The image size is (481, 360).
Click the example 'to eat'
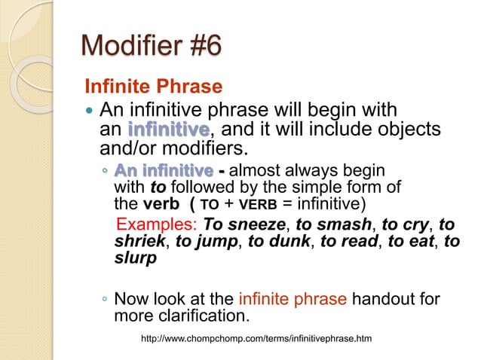click(413, 241)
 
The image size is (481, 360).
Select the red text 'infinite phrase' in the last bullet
click(293, 300)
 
